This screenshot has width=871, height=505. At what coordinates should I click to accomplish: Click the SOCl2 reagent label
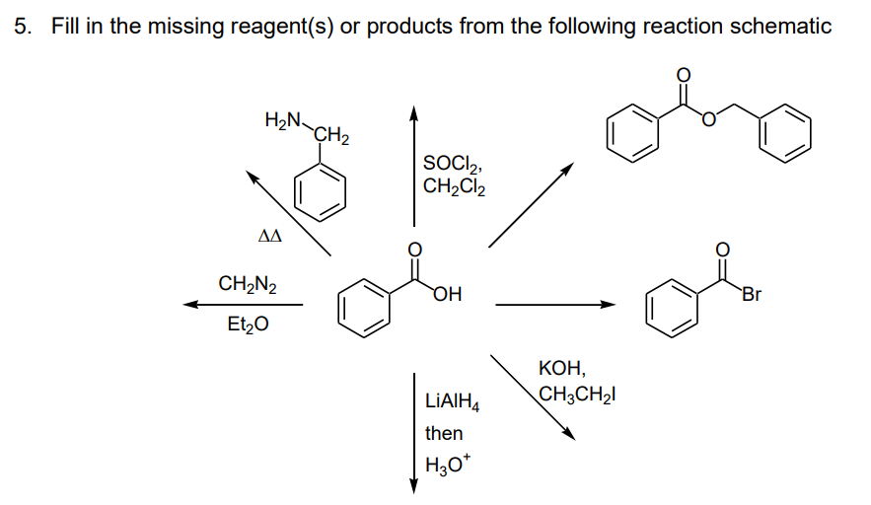point(453,163)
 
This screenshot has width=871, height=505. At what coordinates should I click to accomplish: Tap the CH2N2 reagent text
point(247,286)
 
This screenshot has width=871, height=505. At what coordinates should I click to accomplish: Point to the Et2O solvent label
point(247,323)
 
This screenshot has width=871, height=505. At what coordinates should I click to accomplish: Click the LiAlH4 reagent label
point(452,401)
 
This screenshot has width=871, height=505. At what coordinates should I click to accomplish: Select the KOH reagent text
point(562,371)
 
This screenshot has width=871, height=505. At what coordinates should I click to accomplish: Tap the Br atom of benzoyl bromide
point(752,293)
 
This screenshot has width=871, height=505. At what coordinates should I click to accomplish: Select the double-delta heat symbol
point(268,237)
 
